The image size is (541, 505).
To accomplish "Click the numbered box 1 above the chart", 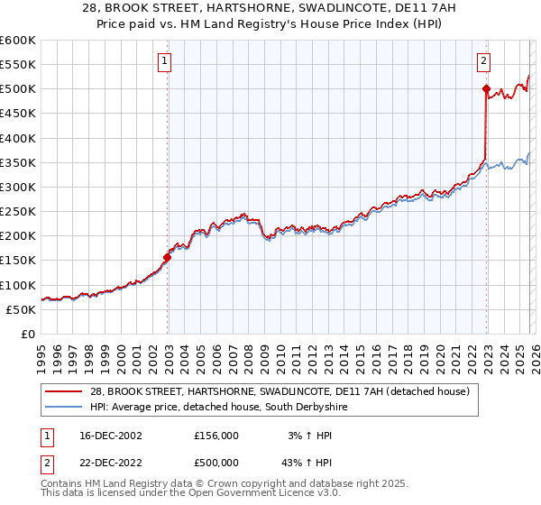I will (167, 61).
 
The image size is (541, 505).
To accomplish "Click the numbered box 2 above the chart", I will (484, 61).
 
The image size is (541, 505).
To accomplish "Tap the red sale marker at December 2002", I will (167, 257).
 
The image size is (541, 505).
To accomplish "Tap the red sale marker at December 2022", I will (486, 89).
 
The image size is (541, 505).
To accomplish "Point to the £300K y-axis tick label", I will (18, 187).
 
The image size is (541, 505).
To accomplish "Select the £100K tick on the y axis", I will (18, 285).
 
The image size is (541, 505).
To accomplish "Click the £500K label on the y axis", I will (18, 89).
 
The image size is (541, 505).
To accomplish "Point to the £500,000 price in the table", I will (215, 463).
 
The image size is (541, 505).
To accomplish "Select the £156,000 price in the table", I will (215, 436).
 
